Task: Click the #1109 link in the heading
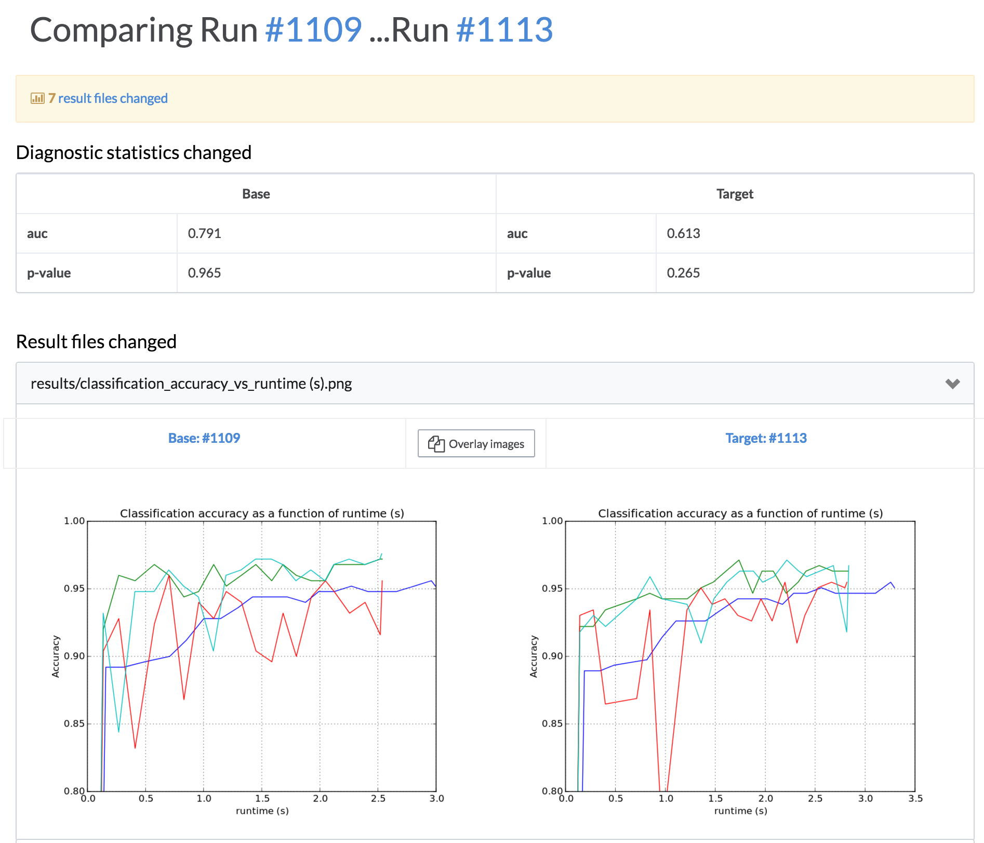(313, 30)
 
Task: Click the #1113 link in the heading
(504, 30)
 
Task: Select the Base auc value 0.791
(204, 233)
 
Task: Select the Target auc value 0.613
(683, 233)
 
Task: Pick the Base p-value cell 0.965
(204, 273)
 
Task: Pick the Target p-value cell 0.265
(683, 273)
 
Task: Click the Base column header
(256, 194)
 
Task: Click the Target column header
(734, 194)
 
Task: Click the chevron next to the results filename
(952, 384)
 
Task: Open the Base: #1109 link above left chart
(204, 438)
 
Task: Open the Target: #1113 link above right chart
(766, 438)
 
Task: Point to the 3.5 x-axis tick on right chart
(915, 798)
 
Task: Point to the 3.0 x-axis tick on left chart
(436, 798)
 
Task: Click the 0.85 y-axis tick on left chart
(74, 723)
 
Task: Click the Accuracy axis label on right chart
(533, 656)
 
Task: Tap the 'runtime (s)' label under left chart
(262, 811)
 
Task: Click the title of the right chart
(740, 513)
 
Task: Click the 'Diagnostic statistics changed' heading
(134, 153)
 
